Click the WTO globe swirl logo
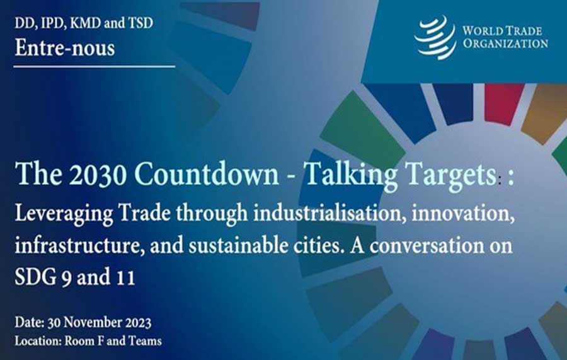435,37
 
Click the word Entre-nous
65,48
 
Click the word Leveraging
64,214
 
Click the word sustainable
236,245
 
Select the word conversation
427,246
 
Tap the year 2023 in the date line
138,322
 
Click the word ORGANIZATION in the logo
505,44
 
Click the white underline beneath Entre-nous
94,67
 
